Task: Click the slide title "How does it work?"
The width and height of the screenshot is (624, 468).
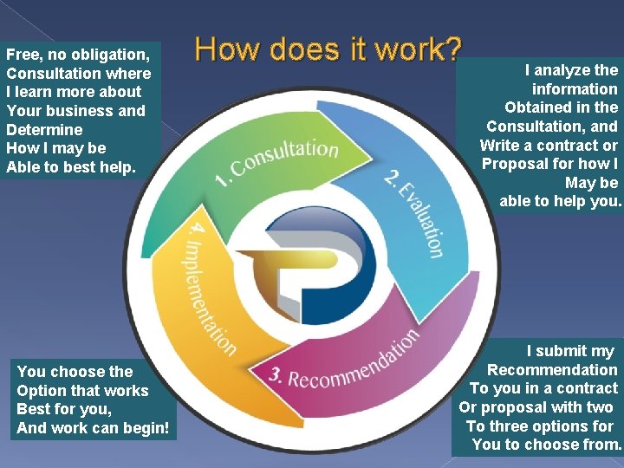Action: pos(328,50)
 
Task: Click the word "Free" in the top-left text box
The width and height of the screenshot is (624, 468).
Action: pos(22,55)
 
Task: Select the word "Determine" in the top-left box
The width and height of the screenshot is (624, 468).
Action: pos(44,130)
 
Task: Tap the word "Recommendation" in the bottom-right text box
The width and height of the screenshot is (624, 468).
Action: pos(552,370)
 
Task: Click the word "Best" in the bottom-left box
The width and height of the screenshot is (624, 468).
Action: pos(33,409)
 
